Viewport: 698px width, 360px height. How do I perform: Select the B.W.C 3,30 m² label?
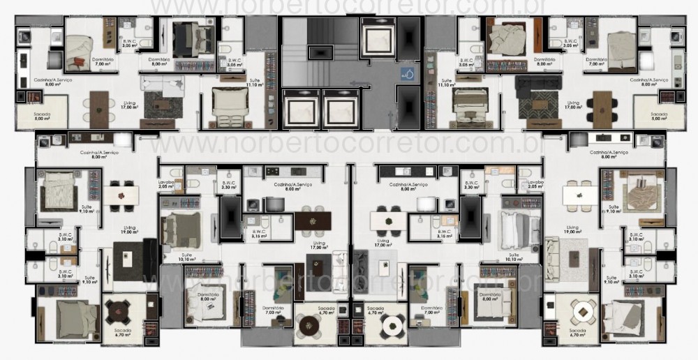[472, 185]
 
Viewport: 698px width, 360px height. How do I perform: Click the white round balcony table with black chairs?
[392, 324]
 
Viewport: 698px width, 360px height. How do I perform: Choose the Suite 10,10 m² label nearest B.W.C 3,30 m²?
[514, 257]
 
